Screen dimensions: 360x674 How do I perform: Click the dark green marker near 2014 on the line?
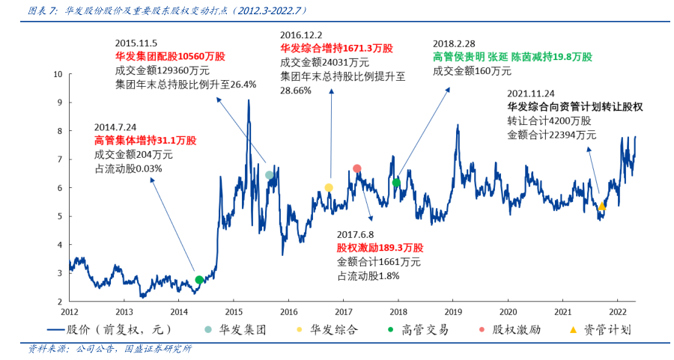click(199, 280)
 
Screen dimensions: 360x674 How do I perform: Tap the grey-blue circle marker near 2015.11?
click(270, 175)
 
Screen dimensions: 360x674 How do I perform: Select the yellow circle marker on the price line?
click(329, 188)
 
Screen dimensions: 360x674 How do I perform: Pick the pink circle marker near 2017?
click(357, 169)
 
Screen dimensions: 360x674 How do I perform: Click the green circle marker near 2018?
click(396, 183)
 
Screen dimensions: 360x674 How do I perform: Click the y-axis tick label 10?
click(57, 74)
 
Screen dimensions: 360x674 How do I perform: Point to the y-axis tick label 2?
click(60, 301)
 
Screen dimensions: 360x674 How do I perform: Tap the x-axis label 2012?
click(69, 311)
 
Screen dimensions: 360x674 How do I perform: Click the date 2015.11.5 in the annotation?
click(136, 43)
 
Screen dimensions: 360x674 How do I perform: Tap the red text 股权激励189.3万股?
click(380, 248)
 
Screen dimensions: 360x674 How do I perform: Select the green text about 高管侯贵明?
click(512, 57)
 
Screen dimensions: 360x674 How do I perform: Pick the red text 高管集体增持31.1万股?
click(145, 141)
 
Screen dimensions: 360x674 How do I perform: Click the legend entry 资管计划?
click(606, 329)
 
